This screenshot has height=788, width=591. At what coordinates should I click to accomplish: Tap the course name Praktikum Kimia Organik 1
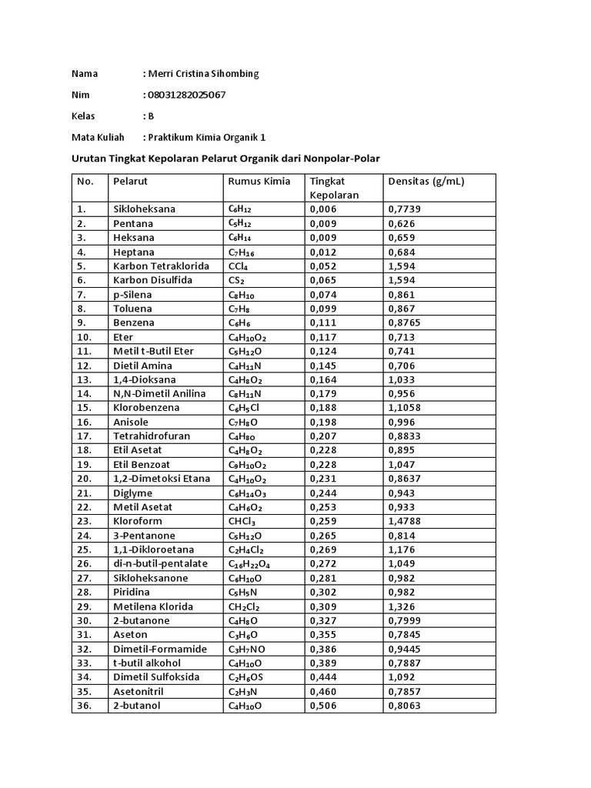[x=207, y=138]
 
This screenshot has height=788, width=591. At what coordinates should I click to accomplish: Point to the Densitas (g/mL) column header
[x=426, y=182]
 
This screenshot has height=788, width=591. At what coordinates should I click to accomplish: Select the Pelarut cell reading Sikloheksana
[x=144, y=209]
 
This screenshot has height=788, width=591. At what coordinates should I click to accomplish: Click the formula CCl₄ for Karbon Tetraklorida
[x=237, y=266]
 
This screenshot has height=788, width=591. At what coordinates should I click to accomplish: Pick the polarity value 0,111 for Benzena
[x=324, y=323]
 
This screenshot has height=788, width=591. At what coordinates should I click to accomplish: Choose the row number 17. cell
[x=84, y=436]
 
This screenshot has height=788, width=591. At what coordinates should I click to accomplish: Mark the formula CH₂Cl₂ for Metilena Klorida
[x=243, y=607]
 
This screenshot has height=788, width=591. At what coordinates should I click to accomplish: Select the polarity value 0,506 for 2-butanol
[x=324, y=706]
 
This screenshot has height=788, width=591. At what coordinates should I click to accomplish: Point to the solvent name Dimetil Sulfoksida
[x=156, y=677]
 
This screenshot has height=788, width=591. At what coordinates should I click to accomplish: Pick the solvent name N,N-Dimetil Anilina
[x=159, y=394]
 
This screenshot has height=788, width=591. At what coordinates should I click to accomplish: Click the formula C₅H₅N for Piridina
[x=242, y=593]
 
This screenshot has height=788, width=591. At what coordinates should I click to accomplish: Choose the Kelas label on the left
[x=83, y=116]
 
